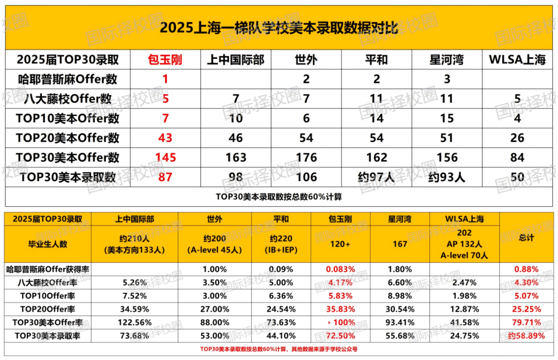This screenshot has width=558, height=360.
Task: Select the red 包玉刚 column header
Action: (166, 60)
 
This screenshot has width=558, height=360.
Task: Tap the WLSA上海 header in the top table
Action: (517, 60)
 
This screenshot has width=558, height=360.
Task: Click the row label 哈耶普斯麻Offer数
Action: (68, 79)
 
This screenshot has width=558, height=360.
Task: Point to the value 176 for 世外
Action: (306, 158)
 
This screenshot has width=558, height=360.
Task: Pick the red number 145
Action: (166, 158)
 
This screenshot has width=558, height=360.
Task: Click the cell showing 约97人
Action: (376, 177)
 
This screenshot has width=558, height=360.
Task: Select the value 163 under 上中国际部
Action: (236, 158)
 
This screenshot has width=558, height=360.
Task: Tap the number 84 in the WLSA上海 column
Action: (517, 158)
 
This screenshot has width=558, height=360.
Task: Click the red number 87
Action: (166, 177)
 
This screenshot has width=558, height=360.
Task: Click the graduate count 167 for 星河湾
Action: (400, 244)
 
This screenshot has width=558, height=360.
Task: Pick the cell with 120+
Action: (340, 244)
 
